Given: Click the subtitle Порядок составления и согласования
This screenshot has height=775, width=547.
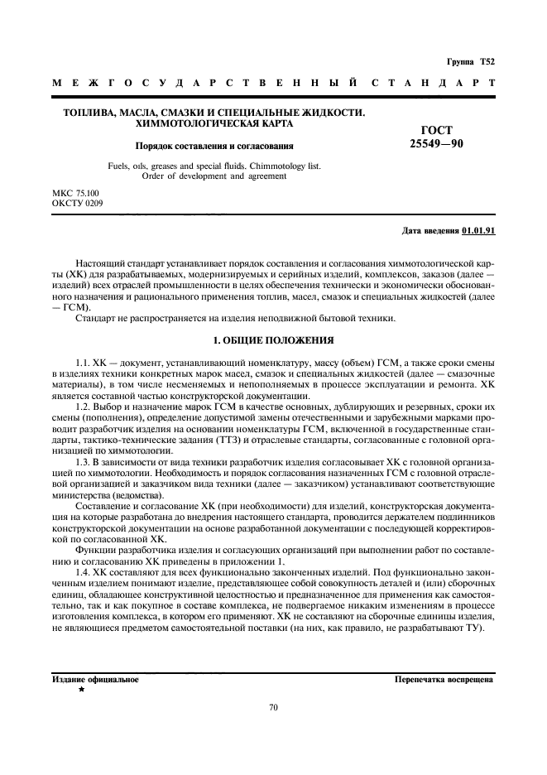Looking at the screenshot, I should (x=214, y=146).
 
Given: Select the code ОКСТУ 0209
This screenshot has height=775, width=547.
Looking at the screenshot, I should (x=79, y=202).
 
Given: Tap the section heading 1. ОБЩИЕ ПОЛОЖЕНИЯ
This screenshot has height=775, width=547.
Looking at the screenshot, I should (x=273, y=339).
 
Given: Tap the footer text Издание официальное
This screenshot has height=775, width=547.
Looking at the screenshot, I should (x=95, y=679).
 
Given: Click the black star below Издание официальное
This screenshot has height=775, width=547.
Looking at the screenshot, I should (x=81, y=690).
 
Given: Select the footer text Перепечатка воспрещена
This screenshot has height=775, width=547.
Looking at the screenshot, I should (x=444, y=679).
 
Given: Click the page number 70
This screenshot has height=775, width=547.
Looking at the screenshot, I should (x=274, y=707).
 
